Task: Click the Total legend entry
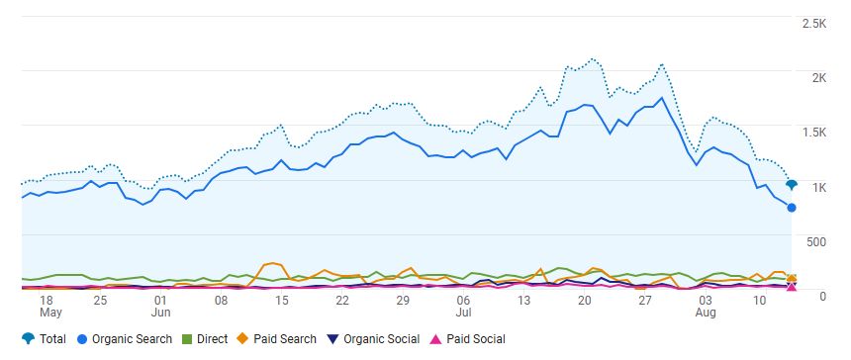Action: [x=44, y=339]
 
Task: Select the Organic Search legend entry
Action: [x=124, y=339]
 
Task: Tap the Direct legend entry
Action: [x=204, y=339]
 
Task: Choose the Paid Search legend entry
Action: [x=276, y=339]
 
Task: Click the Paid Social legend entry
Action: [x=465, y=339]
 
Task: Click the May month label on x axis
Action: [x=50, y=313]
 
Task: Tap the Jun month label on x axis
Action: [x=161, y=313]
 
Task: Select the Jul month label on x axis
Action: [x=462, y=313]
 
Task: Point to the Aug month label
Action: [x=707, y=313]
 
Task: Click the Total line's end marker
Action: [x=791, y=184]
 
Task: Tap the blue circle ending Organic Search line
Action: [x=791, y=208]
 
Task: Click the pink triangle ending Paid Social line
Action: [x=791, y=287]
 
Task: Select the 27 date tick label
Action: [x=645, y=300]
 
